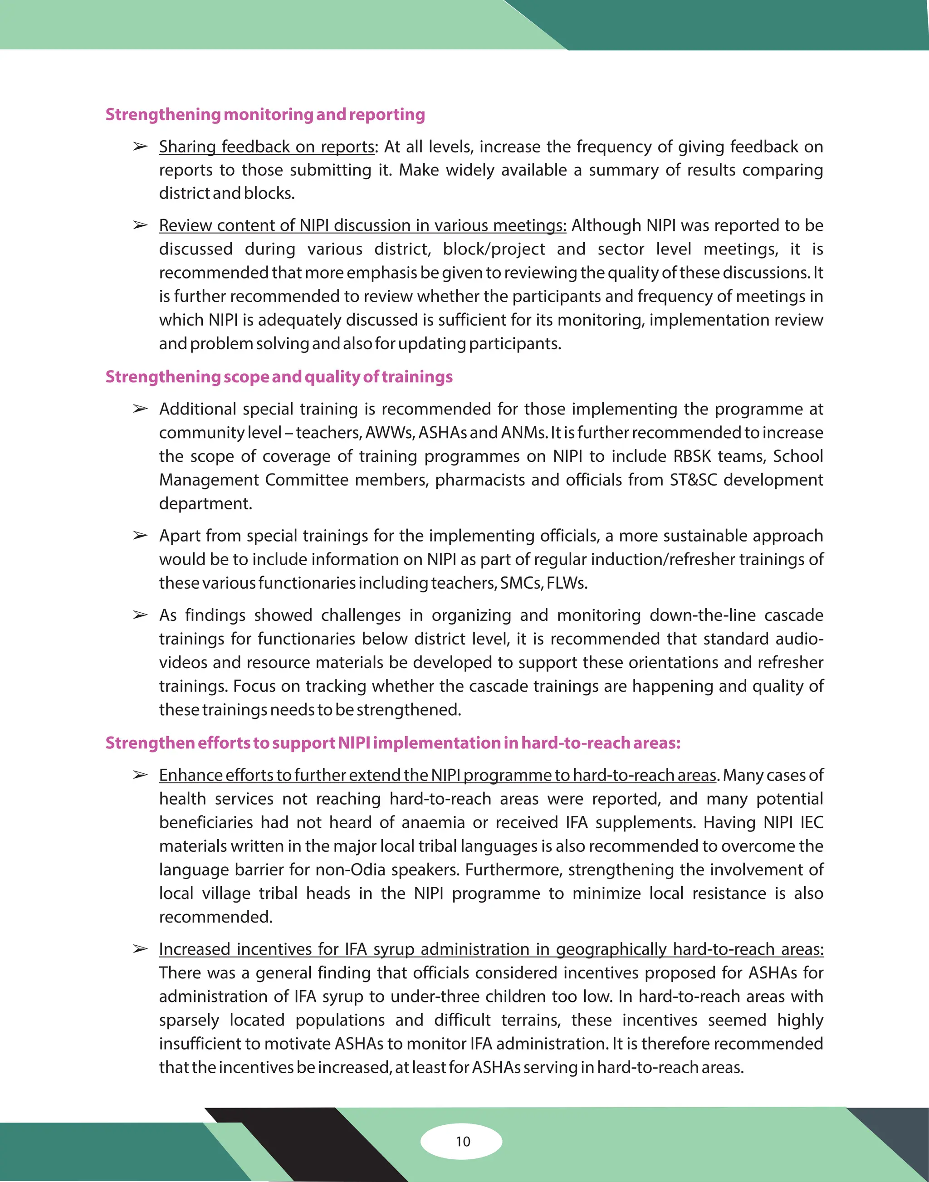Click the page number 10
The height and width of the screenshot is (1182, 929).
click(462, 1141)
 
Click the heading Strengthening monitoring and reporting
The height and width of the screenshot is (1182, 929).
click(265, 114)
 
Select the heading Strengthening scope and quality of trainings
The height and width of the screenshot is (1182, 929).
click(279, 376)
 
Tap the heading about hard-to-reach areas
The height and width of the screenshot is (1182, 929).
click(393, 742)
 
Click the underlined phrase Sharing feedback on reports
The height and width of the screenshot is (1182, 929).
click(267, 147)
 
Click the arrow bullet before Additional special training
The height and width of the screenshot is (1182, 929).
click(140, 409)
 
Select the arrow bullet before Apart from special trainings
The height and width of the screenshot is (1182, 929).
click(140, 536)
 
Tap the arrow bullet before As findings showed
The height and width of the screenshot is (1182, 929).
click(140, 615)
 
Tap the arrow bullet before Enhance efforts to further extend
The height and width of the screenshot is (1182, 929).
click(140, 775)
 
